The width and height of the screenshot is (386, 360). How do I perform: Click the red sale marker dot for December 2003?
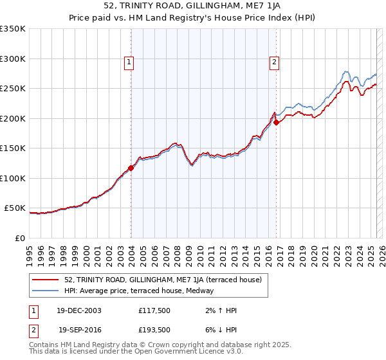pos(131,168)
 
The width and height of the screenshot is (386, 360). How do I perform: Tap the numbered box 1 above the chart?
pos(129,62)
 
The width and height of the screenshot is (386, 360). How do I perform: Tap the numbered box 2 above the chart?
pos(274,62)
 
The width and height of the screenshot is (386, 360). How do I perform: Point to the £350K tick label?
pos(13,29)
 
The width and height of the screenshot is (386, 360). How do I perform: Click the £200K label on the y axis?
pos(13,118)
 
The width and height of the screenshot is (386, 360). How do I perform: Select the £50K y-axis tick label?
pos(15,208)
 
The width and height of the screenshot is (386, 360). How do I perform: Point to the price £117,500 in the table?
pos(154,310)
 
